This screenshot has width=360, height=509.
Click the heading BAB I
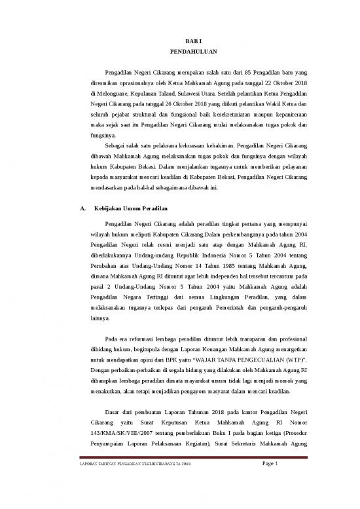coord(179,41)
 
